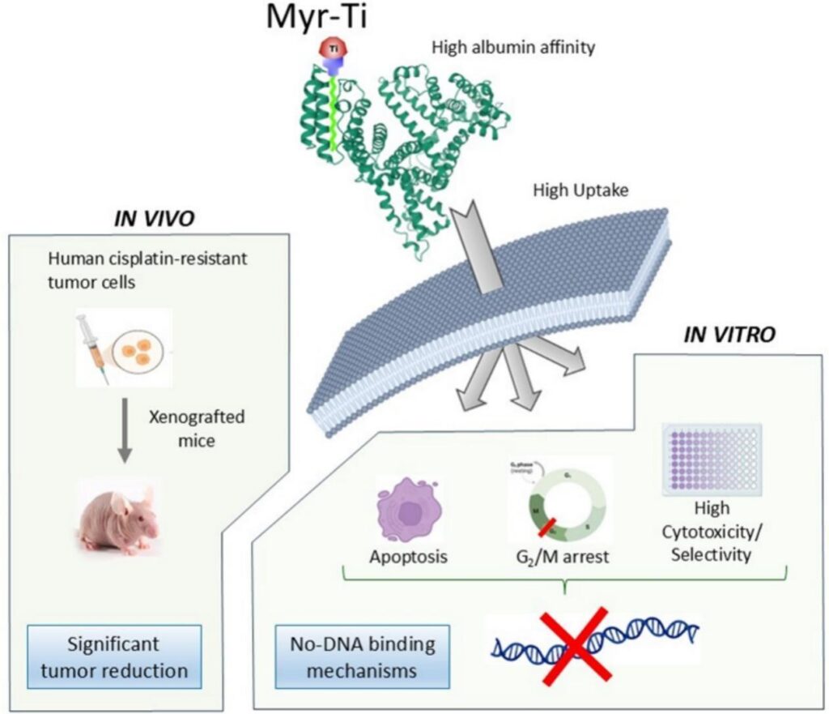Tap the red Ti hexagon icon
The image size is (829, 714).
tap(332, 51)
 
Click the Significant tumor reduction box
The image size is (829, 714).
tap(114, 658)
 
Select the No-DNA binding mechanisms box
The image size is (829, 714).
tap(362, 658)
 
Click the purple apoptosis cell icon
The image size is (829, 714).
tap(410, 512)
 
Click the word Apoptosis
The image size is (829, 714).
tap(410, 558)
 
